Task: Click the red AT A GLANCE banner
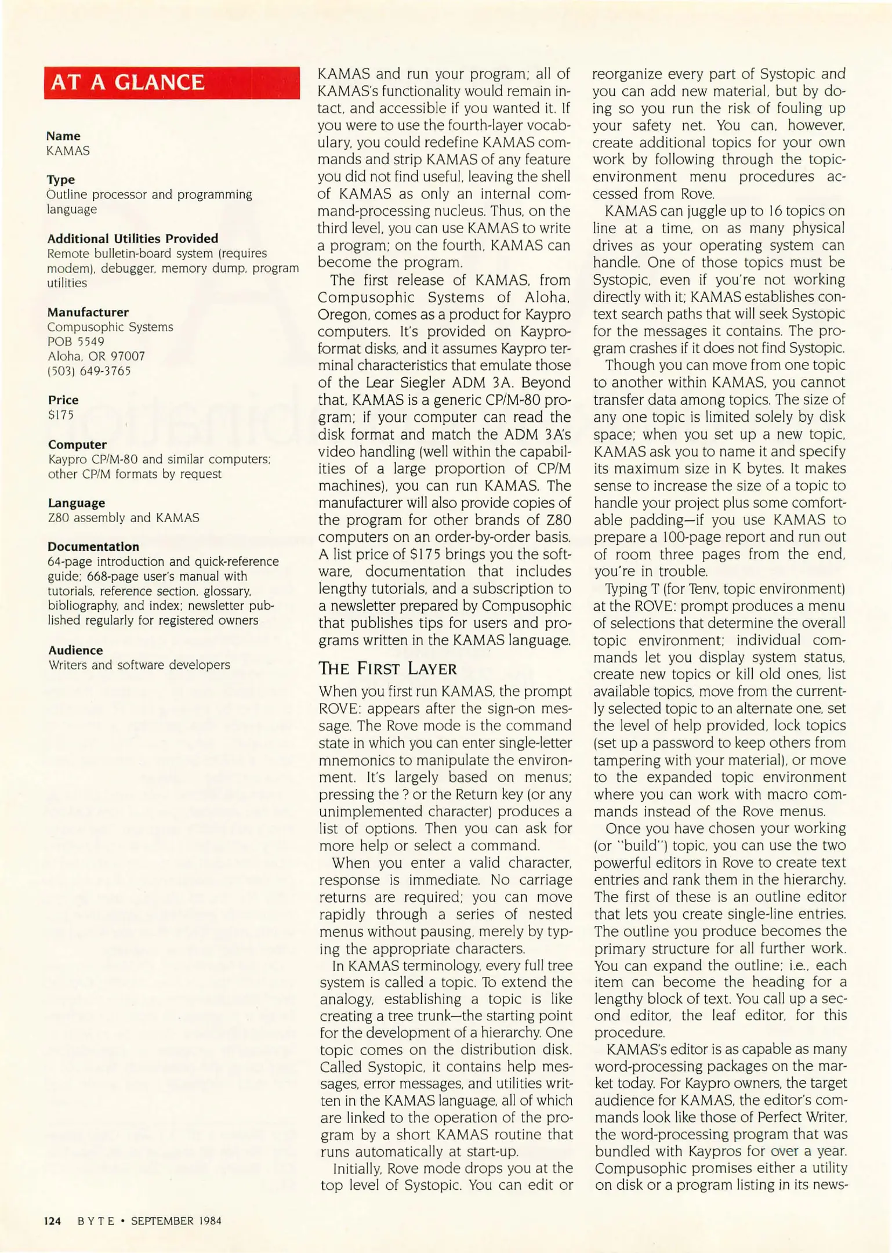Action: pos(172,83)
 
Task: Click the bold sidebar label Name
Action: pos(63,136)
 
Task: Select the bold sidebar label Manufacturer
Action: pos(88,312)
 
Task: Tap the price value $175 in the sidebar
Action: pos(61,415)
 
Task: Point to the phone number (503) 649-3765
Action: pos(89,371)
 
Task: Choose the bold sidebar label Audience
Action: pos(75,650)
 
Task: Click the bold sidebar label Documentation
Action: pos(93,546)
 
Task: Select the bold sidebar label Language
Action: pos(77,503)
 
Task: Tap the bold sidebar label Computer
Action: pos(77,444)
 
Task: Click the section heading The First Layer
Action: pos(387,668)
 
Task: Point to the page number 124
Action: pos(52,1221)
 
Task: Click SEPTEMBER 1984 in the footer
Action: pos(176,1221)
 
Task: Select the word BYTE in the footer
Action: pos(96,1221)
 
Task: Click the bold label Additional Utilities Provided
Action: pos(133,238)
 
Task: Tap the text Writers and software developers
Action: pos(139,665)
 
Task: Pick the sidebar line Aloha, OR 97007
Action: pos(96,356)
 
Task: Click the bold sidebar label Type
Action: pos(61,180)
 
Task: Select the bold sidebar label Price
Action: pos(63,400)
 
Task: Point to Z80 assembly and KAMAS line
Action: pos(124,517)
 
